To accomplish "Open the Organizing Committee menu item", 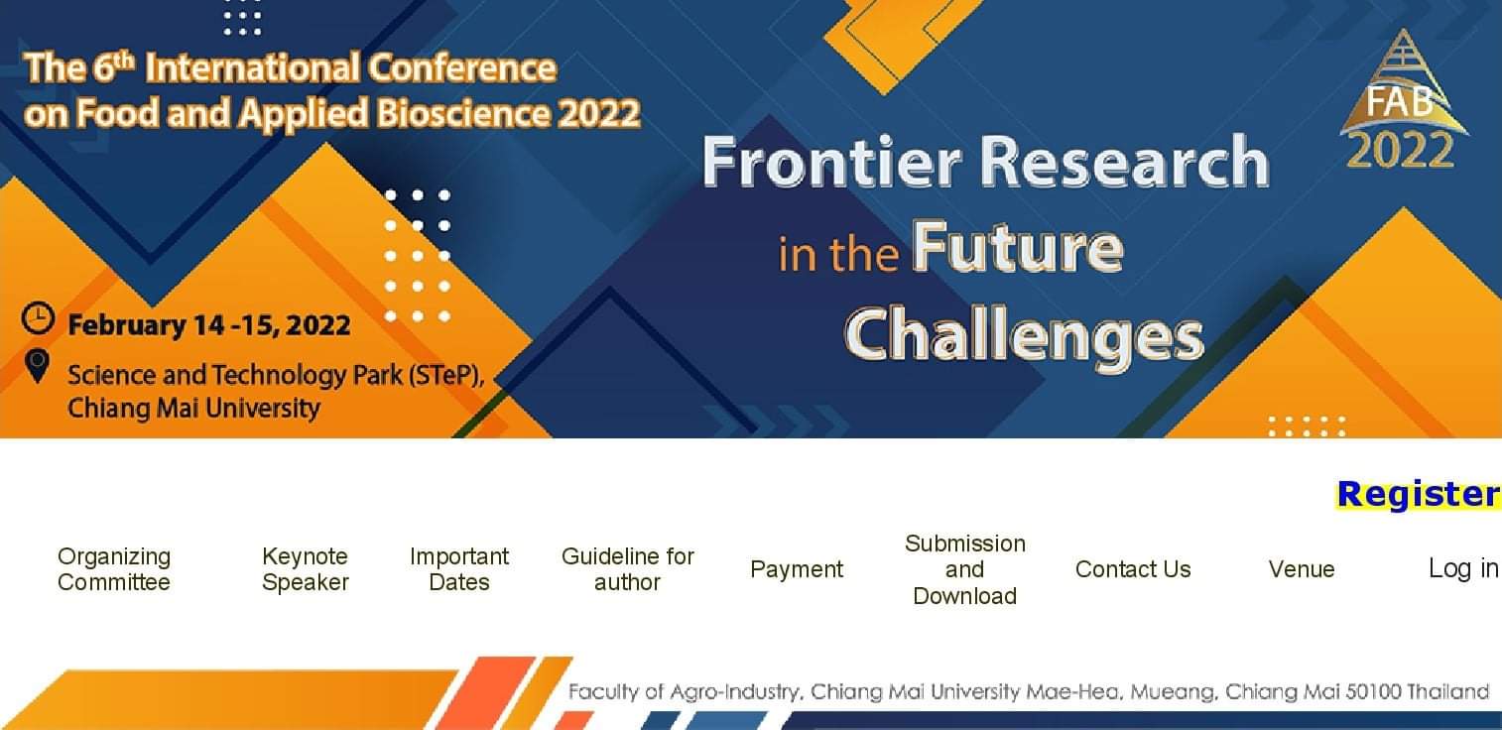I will [x=114, y=569].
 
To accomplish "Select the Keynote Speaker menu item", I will [x=306, y=569].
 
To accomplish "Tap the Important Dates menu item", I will [x=459, y=569].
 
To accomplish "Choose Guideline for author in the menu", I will [x=628, y=569].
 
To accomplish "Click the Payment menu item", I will [x=797, y=569].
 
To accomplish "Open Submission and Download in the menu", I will [x=965, y=569].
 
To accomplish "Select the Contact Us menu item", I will [x=1133, y=569].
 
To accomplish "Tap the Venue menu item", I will [x=1302, y=569].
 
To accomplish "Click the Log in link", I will [x=1462, y=568].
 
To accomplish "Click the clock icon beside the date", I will [x=38, y=317].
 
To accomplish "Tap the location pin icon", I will [x=37, y=365].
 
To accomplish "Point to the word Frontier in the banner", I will [x=831, y=162].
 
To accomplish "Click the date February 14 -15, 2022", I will [x=208, y=325].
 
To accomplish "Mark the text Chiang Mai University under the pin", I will [x=193, y=408].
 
